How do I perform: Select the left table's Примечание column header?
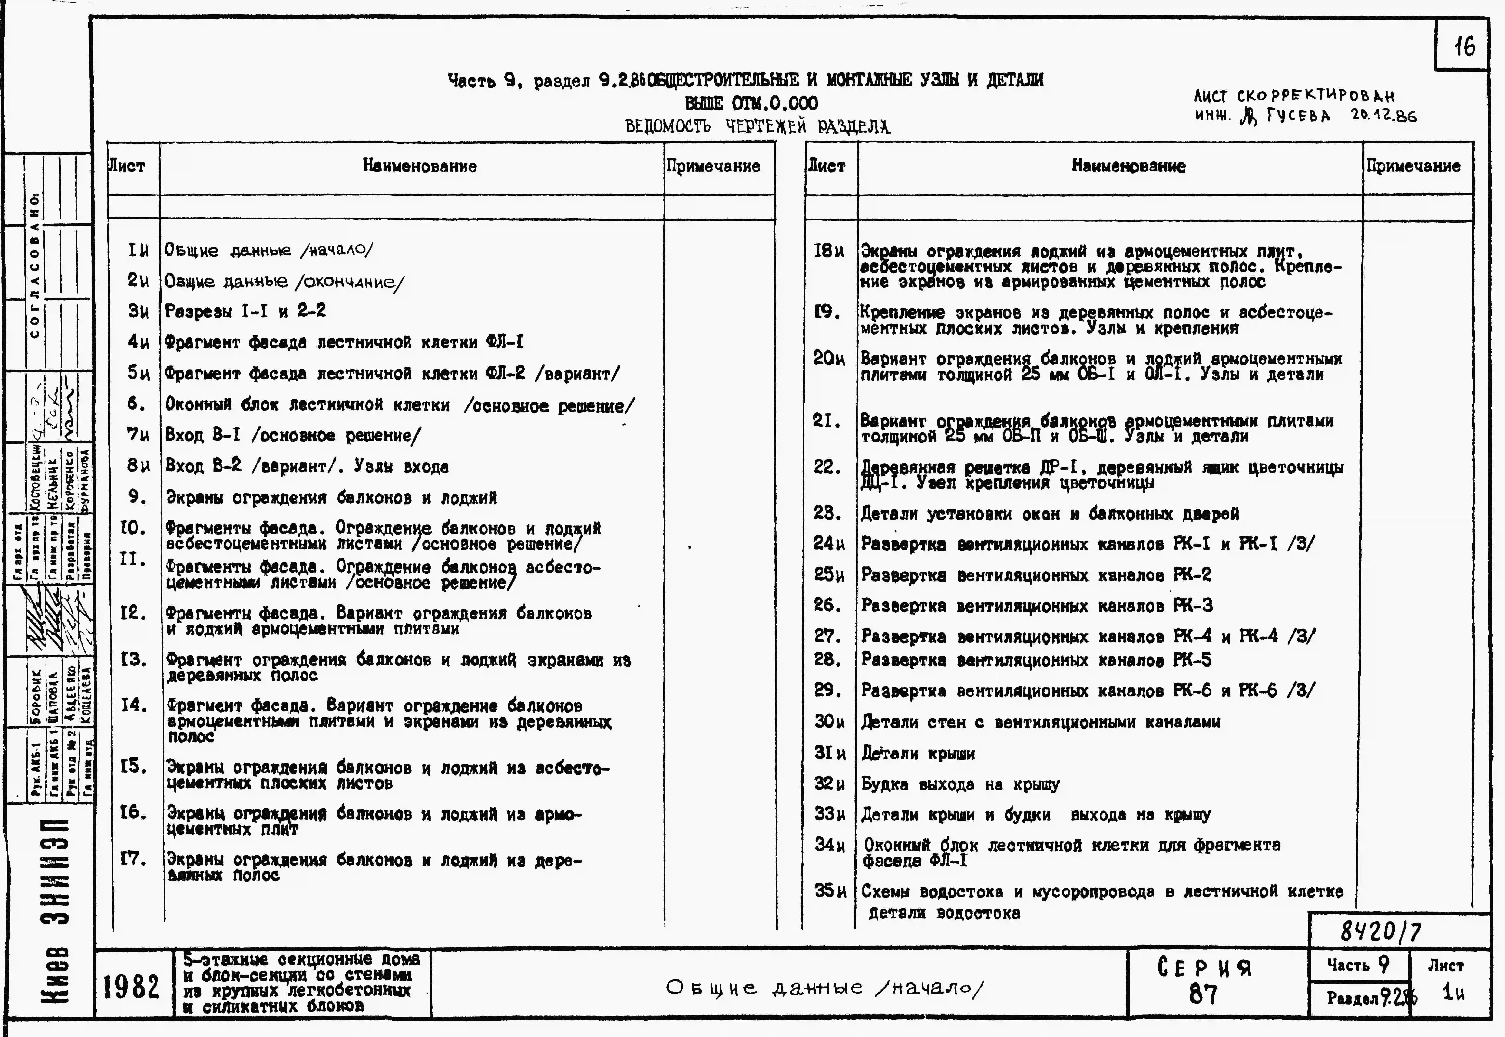713,166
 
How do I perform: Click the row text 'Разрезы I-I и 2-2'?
245,311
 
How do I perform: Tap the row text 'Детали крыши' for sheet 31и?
918,754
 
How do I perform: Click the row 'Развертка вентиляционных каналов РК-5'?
1036,660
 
